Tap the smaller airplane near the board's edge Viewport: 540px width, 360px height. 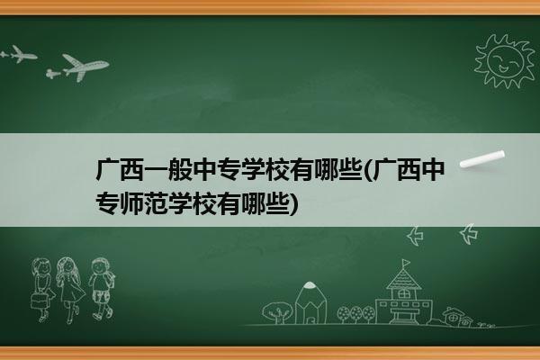(x=19, y=54)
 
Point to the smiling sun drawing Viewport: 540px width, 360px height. (x=505, y=62)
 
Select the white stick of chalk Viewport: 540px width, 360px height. (x=482, y=159)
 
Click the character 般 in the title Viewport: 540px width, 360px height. (x=180, y=170)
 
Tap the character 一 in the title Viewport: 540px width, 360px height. (x=156, y=170)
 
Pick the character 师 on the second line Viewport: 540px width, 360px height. (x=131, y=204)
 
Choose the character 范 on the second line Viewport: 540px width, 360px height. (x=156, y=204)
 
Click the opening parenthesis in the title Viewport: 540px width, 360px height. (x=367, y=170)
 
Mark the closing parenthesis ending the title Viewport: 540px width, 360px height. (x=293, y=204)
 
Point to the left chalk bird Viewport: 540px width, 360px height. (x=415, y=236)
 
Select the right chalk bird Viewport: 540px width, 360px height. (x=469, y=234)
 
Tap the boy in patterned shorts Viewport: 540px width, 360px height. (x=101, y=288)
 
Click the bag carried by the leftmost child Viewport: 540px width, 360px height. (x=38, y=301)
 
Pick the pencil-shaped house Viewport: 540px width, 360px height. (x=310, y=303)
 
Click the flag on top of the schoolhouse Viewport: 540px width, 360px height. (x=406, y=263)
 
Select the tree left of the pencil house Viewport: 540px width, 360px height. (x=277, y=312)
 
